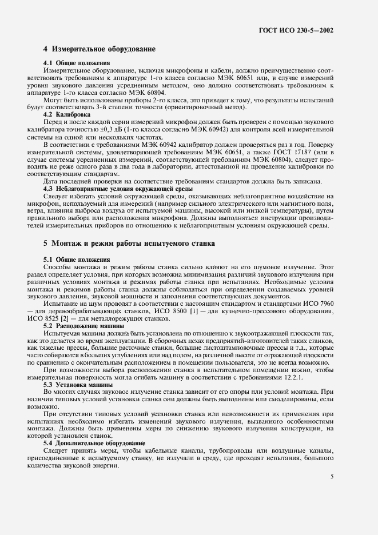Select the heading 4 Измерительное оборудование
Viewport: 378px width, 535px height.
click(x=100, y=50)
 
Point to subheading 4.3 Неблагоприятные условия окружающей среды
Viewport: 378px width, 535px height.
click(x=118, y=188)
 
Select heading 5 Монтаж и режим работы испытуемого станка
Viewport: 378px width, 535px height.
click(x=129, y=243)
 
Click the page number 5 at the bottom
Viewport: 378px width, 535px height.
click(x=333, y=476)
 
